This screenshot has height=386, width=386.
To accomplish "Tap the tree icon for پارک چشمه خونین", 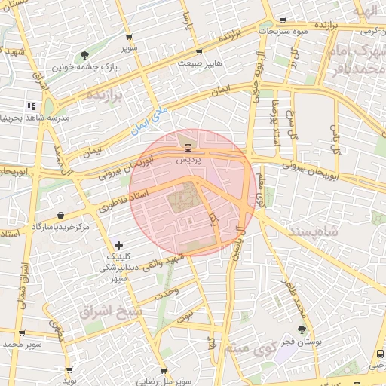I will [x=84, y=54].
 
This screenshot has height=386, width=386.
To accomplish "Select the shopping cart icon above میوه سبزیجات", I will [x=283, y=20].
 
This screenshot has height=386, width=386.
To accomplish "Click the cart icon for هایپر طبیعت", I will [x=199, y=52].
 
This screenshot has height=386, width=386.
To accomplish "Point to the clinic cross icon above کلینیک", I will [x=118, y=245].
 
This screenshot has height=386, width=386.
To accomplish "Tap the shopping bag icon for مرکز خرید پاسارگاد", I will [x=60, y=216].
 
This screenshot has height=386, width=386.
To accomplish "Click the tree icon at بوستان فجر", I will [x=302, y=329].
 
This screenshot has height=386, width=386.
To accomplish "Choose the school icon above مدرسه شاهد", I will [x=31, y=106].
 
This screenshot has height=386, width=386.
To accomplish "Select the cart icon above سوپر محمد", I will [x=21, y=332].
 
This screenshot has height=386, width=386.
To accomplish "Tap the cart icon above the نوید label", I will [x=69, y=370].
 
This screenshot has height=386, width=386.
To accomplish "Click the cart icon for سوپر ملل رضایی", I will [x=178, y=370].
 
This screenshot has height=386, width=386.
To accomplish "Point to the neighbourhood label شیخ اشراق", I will [x=106, y=310].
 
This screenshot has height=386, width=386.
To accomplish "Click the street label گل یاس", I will [x=334, y=136].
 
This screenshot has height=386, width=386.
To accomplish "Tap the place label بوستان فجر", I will [x=306, y=342].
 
